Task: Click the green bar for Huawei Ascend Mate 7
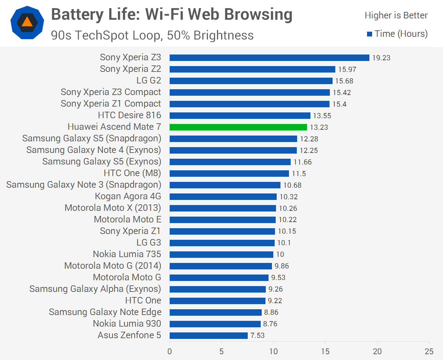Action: point(238,127)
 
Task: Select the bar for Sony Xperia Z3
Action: point(269,58)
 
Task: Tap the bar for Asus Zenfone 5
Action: point(209,335)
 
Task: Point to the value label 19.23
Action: point(381,58)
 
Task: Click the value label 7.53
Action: point(257,335)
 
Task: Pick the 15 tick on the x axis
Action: point(325,351)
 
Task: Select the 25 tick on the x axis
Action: point(429,351)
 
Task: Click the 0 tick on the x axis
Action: point(170,351)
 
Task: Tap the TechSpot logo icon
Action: point(27,22)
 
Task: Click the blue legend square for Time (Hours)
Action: point(369,34)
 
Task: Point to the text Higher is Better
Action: point(396,15)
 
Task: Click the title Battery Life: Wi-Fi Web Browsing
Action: point(172,15)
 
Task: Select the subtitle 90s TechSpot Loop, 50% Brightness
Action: point(152,35)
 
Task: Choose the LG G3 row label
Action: point(149,242)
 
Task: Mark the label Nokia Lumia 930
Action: point(127,324)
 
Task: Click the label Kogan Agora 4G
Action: point(128,196)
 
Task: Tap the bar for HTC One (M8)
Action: point(229,173)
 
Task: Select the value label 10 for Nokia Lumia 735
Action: point(280,254)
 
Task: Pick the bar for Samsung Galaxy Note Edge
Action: point(215,312)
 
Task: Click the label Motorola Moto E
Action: point(127,219)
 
